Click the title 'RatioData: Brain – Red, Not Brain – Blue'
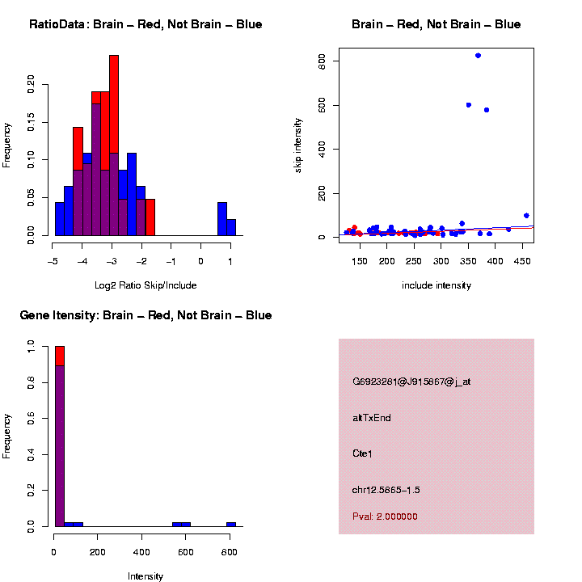coord(145,24)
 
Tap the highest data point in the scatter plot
coord(478,56)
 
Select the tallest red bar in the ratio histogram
coord(114,145)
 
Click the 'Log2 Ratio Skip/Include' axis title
coord(145,285)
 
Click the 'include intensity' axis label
coord(436,285)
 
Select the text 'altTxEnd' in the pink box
coord(372,418)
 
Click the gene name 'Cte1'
coord(362,453)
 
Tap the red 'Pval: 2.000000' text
coord(385,516)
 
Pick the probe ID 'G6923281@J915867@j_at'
coord(411,382)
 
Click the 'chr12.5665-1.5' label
coord(386,490)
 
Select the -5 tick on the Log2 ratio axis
coord(53,261)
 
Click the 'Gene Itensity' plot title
coord(145,314)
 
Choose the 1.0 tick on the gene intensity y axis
coord(32,346)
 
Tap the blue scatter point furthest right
coord(526,216)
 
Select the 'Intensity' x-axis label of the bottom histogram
coord(145,576)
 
